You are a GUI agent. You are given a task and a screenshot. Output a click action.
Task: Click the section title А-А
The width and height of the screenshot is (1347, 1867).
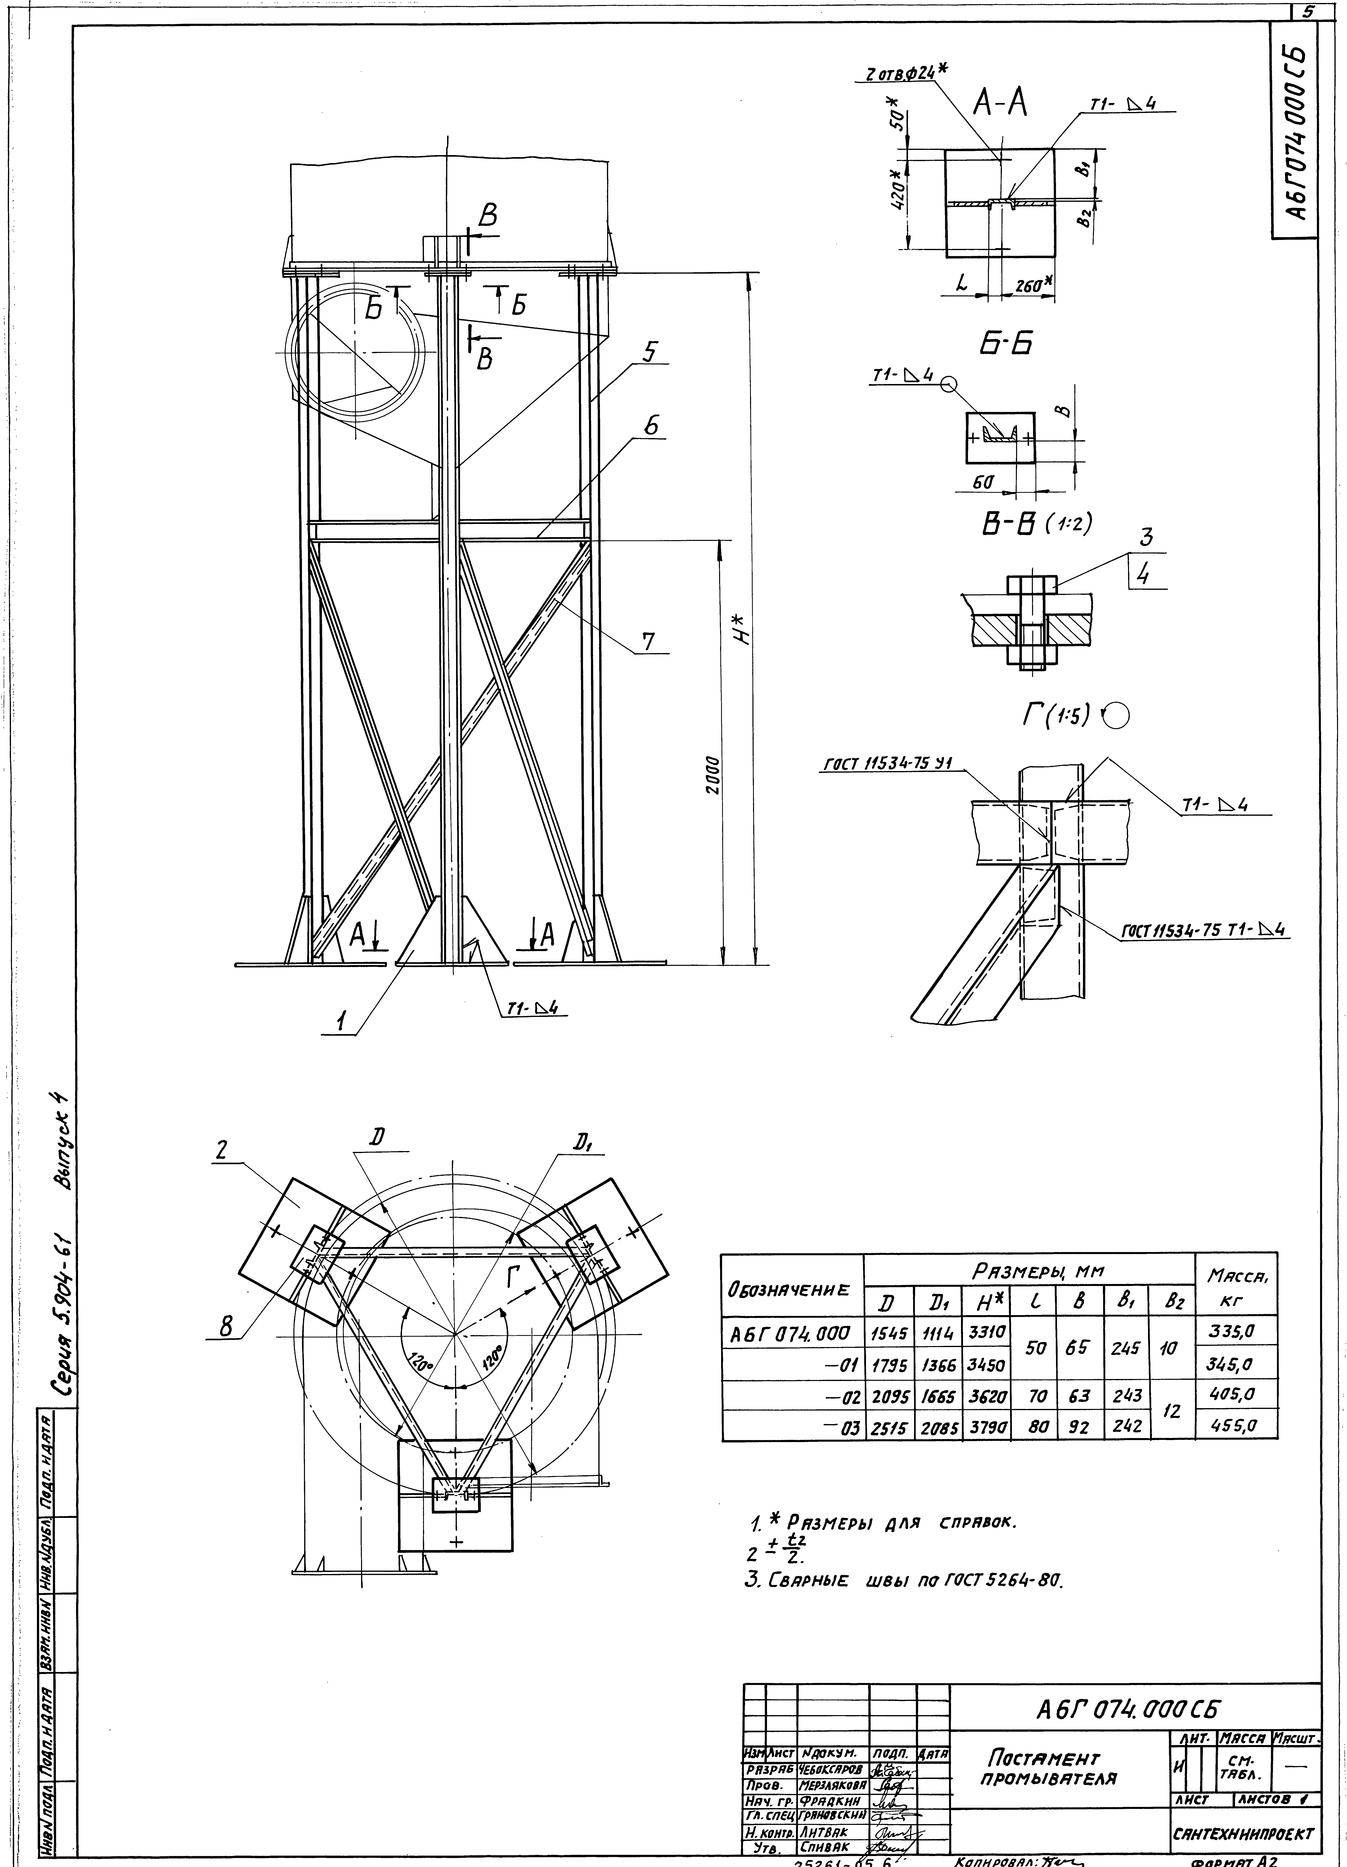coord(1000,105)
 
